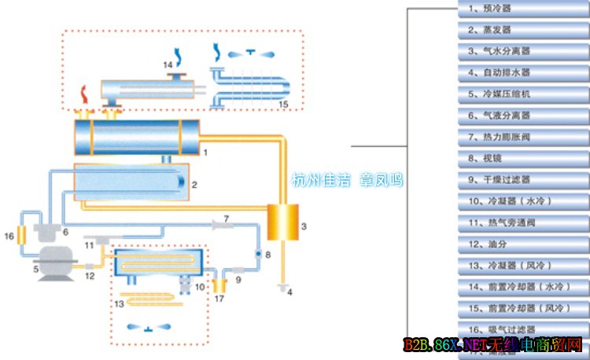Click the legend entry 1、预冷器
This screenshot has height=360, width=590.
(522, 9)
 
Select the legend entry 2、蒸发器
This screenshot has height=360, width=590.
(522, 30)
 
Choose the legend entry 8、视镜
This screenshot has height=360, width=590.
(522, 158)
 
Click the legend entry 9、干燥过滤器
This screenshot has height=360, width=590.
(522, 179)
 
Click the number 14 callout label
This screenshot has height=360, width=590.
(167, 64)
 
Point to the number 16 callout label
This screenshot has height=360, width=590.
(9, 235)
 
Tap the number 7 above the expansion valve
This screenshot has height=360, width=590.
(226, 216)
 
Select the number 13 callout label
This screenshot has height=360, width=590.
(120, 303)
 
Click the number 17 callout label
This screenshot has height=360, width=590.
(219, 299)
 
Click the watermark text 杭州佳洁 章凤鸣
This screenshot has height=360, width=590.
(347, 179)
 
